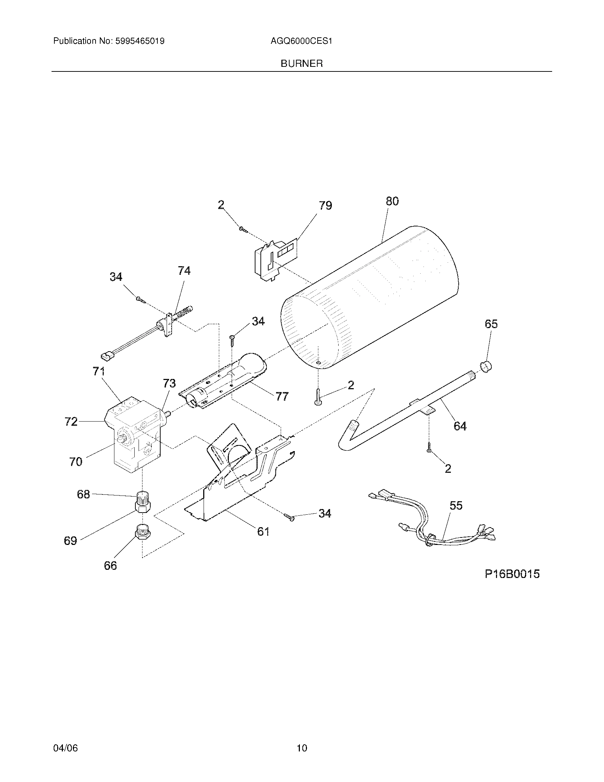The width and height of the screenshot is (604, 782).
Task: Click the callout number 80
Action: pos(392,201)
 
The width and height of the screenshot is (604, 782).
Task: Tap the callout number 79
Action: pos(325,205)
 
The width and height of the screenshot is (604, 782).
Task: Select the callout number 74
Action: pos(184,271)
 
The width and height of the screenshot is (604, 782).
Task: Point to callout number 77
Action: pos(282,396)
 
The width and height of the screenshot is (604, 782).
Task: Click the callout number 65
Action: pos(491,324)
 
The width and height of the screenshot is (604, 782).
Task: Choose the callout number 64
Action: pos(460,426)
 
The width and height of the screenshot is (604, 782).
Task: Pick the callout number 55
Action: pos(456,505)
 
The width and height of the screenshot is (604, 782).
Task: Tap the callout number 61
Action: pos(263,531)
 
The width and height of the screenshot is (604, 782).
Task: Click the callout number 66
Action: pos(110,566)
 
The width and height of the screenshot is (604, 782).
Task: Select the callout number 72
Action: pos(71,422)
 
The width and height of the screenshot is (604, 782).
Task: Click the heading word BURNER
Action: pos(302,64)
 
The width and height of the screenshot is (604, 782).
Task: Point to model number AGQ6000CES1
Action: pos(301,41)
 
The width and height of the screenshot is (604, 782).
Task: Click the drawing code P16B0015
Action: pos(512,574)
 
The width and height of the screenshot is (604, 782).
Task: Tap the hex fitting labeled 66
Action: pos(142,534)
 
